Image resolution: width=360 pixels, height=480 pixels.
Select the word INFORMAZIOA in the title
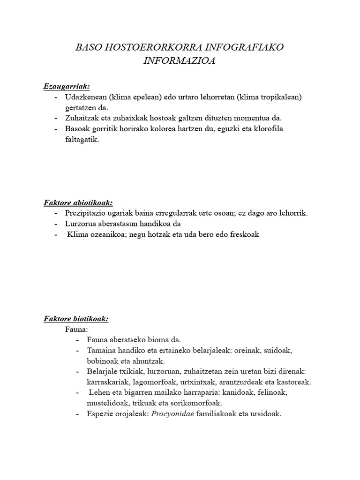(180, 61)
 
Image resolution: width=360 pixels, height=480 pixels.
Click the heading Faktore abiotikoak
(78, 203)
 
